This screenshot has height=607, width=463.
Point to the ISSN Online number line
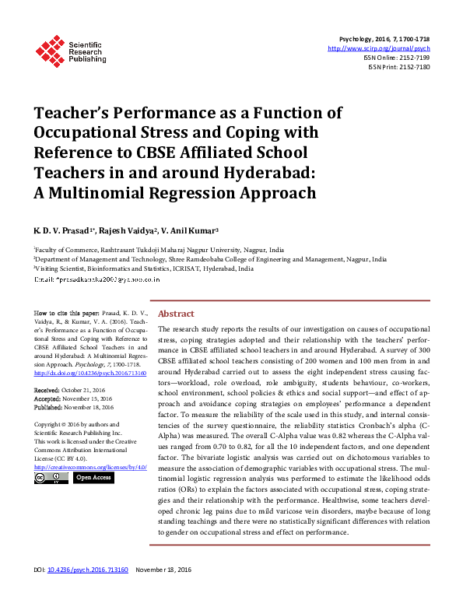[x=396, y=58]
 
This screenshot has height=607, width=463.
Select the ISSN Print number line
[x=398, y=67]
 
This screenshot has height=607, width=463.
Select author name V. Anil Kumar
[x=191, y=231]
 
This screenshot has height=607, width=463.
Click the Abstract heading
[x=176, y=314]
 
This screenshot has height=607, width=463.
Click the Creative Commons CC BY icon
[x=51, y=477]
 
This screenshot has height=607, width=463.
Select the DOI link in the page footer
[x=85, y=592]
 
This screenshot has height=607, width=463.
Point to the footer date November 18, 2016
[x=163, y=592]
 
